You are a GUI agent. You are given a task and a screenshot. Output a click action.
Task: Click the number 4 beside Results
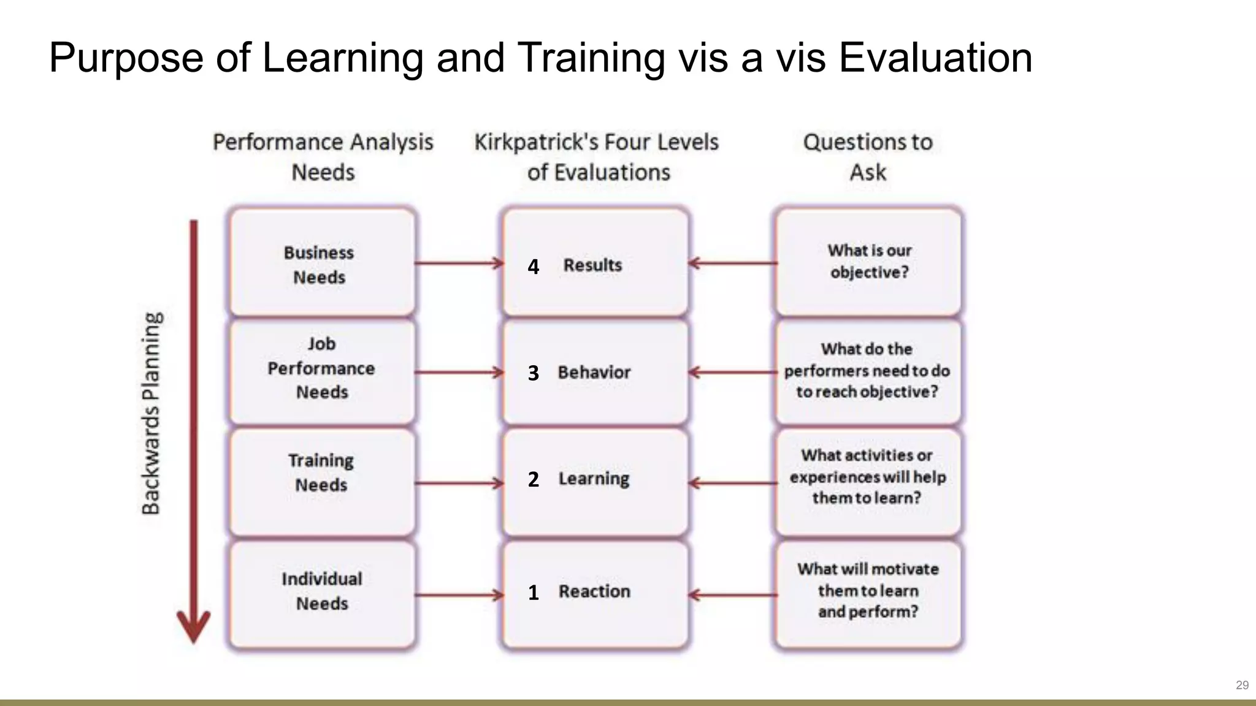(x=534, y=267)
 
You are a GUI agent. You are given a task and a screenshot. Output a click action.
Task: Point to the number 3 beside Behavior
(x=534, y=373)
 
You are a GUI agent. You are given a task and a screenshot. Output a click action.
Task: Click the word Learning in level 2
(x=594, y=479)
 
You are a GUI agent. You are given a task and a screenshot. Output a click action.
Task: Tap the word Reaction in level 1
(x=594, y=591)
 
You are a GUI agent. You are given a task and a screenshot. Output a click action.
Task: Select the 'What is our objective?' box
(x=868, y=262)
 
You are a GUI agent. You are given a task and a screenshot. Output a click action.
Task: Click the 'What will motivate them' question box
(x=868, y=591)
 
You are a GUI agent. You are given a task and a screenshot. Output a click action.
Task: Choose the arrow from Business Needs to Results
(x=459, y=264)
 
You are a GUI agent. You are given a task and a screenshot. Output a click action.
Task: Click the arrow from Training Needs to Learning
(x=459, y=484)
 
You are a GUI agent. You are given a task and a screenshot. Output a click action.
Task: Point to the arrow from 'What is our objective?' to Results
(x=733, y=264)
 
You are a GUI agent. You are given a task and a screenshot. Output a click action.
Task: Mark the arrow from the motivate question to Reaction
(x=733, y=594)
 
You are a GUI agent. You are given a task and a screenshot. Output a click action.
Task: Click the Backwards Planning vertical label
(x=151, y=414)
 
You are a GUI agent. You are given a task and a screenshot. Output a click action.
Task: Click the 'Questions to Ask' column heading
(x=868, y=157)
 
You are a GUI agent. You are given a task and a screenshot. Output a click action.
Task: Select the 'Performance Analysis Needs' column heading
(x=323, y=157)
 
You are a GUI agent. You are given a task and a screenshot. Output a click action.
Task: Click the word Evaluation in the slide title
(x=935, y=58)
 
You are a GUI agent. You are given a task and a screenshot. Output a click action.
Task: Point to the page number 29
(x=1242, y=685)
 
